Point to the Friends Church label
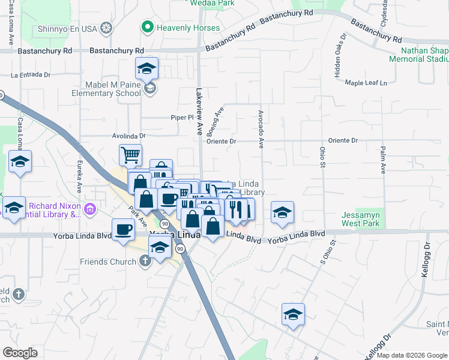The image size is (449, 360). [107, 261]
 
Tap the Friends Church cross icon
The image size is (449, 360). [144, 261]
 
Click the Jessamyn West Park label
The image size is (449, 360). [361, 220]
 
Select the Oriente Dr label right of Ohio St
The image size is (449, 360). [343, 140]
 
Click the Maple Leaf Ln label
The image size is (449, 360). [366, 82]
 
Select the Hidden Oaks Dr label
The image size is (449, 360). [340, 56]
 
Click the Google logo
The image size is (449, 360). [20, 353]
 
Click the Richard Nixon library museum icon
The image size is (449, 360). [90, 209]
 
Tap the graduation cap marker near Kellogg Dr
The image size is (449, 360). [293, 314]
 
